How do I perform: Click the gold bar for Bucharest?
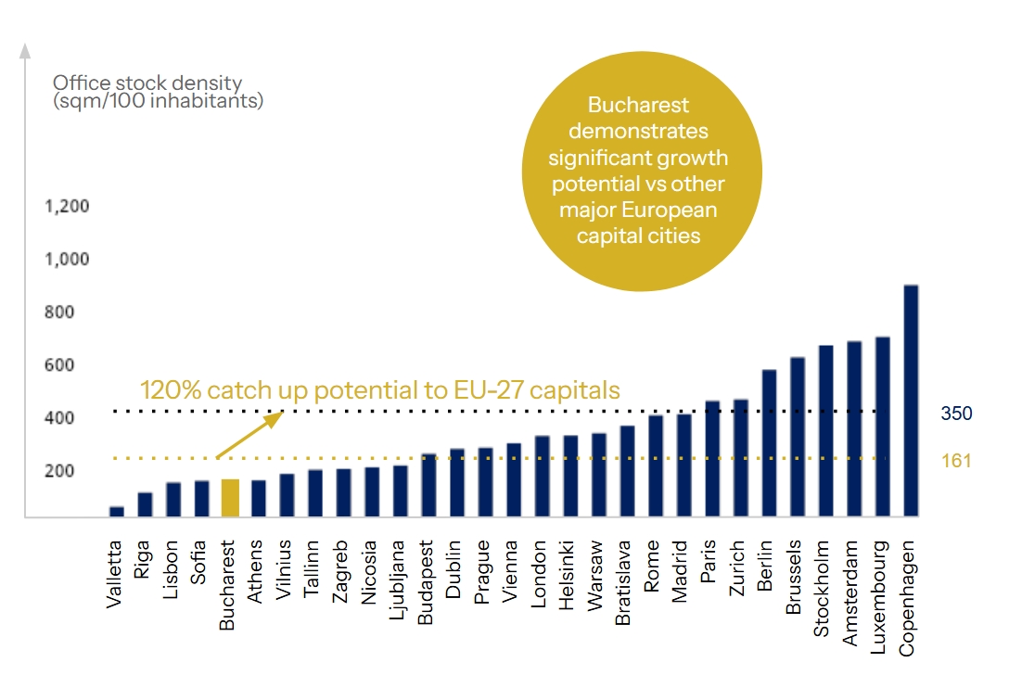pyautogui.click(x=230, y=498)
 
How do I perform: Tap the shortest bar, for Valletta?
pyautogui.click(x=117, y=512)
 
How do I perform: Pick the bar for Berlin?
pyautogui.click(x=769, y=443)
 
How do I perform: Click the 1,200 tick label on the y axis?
pyautogui.click(x=68, y=206)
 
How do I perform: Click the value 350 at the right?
pyautogui.click(x=956, y=414)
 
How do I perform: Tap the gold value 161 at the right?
pyautogui.click(x=955, y=460)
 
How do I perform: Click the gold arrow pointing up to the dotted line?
pyautogui.click(x=249, y=435)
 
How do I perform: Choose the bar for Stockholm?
pyautogui.click(x=825, y=431)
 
